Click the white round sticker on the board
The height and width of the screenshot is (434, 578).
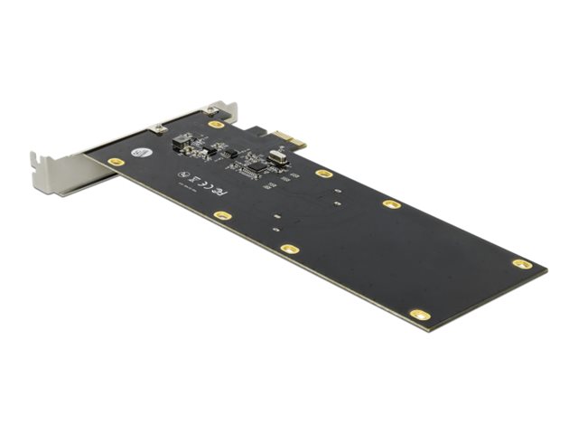[x=140, y=153]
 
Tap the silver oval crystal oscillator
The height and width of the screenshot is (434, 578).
[x=273, y=157]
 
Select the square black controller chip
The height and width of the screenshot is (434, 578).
[x=256, y=166]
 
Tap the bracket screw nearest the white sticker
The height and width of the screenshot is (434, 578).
[x=159, y=129]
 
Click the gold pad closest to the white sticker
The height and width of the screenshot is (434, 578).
[x=115, y=162]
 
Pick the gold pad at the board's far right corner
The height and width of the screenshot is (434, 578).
[x=521, y=264]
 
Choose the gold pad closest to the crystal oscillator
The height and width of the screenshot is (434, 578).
[x=323, y=173]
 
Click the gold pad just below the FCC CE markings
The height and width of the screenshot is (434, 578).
[x=222, y=215]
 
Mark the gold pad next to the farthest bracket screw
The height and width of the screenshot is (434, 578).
[x=216, y=125]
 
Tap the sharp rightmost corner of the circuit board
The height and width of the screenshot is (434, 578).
[x=546, y=269]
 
